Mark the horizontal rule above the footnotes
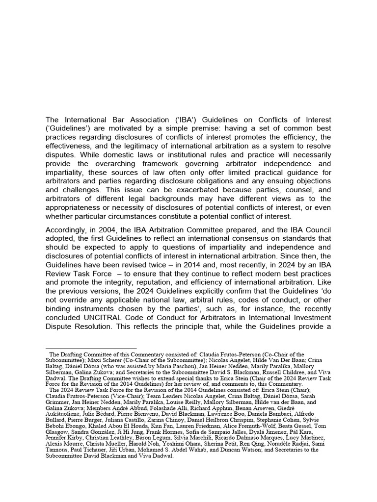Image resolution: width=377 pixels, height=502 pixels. pyautogui.click(x=91, y=349)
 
